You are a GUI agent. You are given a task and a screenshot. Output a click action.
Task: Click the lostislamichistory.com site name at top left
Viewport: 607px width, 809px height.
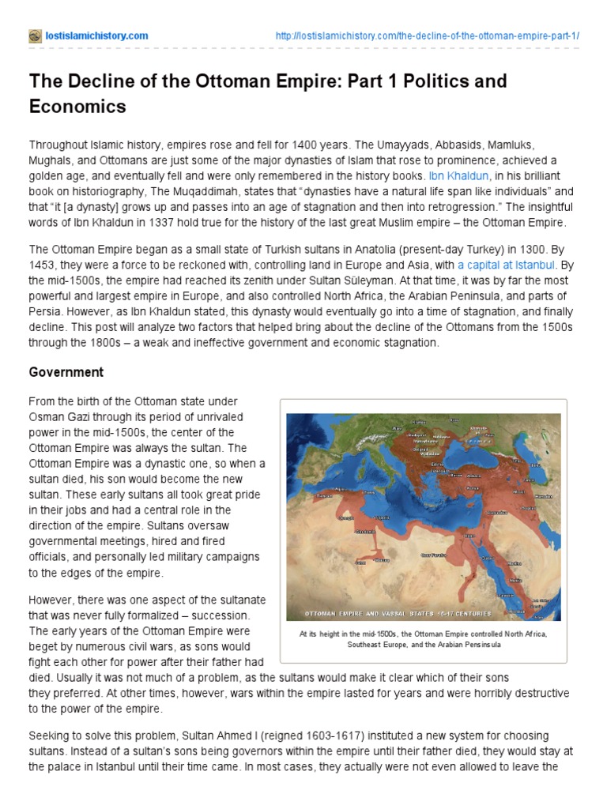[x=96, y=36]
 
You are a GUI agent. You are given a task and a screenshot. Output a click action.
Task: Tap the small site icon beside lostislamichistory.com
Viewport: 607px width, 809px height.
[x=35, y=36]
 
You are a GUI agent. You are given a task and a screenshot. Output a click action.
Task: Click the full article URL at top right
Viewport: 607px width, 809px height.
[x=427, y=36]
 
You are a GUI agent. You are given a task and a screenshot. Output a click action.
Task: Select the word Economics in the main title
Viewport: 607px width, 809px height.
[x=78, y=107]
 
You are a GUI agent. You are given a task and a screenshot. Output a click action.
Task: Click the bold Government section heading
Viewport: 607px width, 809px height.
[x=66, y=371]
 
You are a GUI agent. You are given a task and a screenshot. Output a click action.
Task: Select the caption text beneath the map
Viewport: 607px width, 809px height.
[x=423, y=638]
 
